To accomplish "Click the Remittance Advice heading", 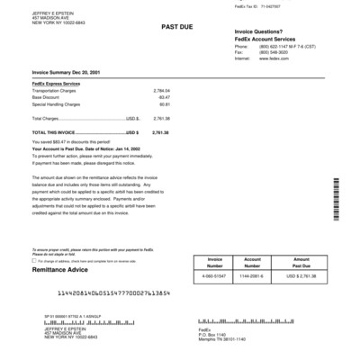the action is [62, 269].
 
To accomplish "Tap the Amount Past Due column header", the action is [302, 262].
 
